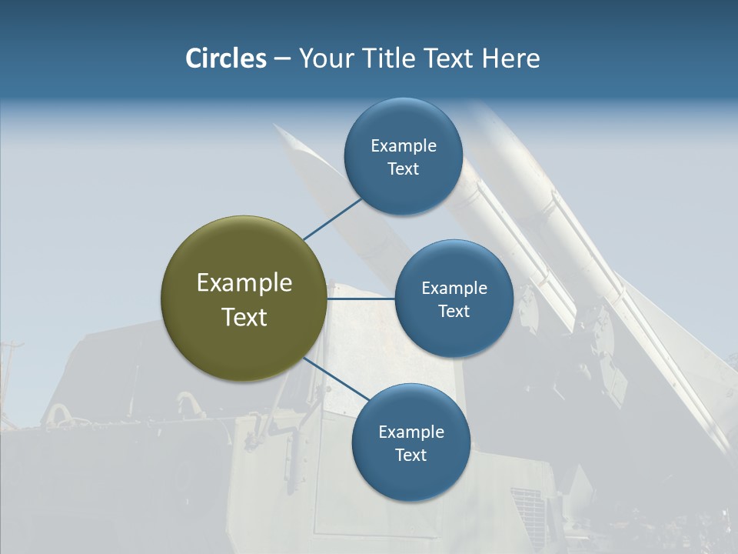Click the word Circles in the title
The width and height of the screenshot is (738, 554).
click(225, 58)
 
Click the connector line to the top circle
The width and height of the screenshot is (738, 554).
click(334, 218)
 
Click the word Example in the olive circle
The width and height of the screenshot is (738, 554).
click(244, 283)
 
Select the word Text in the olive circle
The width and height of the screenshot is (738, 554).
click(244, 317)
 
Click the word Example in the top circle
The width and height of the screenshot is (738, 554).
click(404, 146)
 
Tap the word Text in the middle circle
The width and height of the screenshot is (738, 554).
click(454, 311)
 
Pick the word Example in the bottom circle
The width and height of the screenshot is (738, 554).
click(411, 432)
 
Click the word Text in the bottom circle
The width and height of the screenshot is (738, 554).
click(411, 455)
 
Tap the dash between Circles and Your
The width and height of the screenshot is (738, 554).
click(282, 59)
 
